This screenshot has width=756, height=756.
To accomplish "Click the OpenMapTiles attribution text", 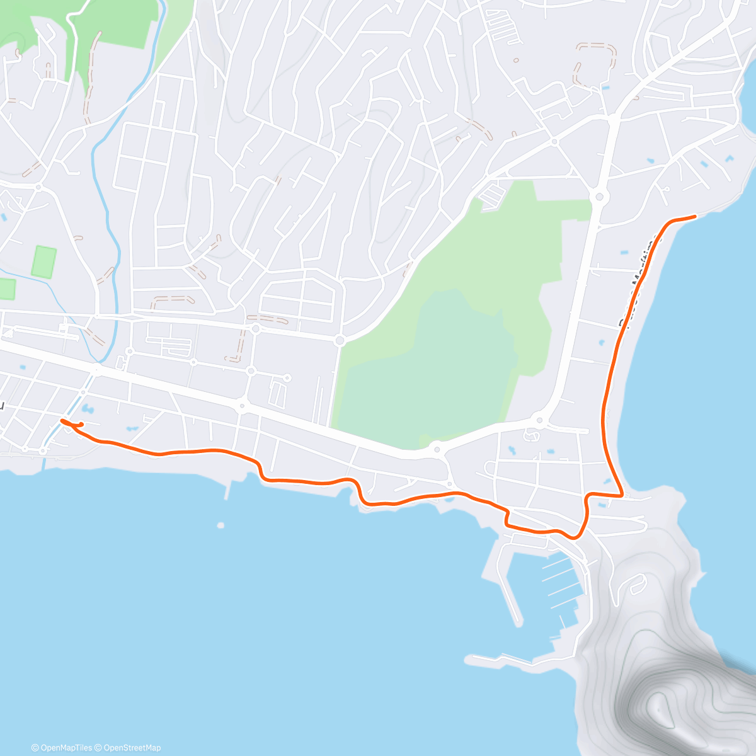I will (65, 748).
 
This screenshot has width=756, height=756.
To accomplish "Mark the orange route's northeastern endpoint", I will (694, 217).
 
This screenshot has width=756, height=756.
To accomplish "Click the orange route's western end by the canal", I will (62, 420).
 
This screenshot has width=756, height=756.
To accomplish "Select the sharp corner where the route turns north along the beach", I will (622, 495).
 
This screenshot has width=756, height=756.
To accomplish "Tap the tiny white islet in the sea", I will (220, 525).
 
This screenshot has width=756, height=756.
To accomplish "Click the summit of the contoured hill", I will (658, 702).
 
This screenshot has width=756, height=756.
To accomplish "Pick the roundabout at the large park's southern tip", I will (436, 449).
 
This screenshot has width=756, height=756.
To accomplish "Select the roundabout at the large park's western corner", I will (340, 341).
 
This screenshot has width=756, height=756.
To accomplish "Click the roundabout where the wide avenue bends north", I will (539, 420).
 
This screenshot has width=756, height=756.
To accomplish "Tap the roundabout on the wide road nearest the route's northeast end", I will (598, 198).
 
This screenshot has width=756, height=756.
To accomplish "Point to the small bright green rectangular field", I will (43, 262).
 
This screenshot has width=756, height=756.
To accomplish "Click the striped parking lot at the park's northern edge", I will (492, 195).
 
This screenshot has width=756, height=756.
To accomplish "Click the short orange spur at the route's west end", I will (78, 425).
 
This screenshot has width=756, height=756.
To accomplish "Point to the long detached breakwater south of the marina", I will (504, 661).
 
